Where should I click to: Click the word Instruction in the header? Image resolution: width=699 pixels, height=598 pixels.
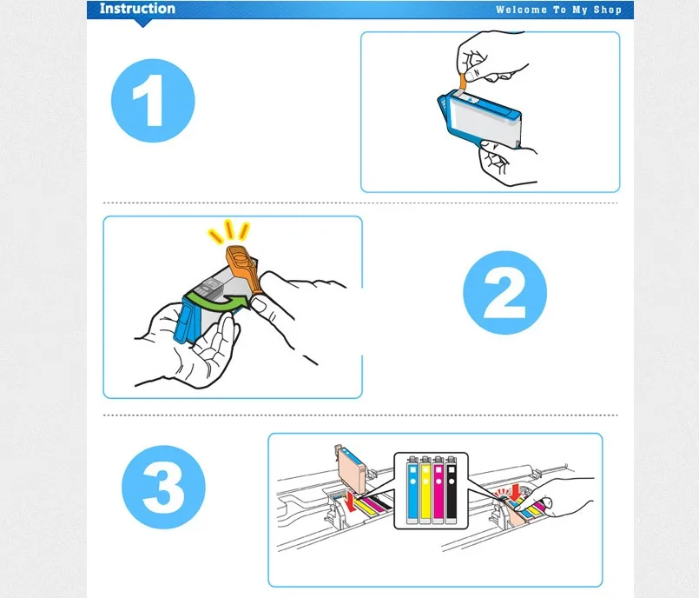137,9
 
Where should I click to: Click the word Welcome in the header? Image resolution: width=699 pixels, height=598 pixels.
521,10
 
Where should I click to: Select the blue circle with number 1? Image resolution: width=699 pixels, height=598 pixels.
153,101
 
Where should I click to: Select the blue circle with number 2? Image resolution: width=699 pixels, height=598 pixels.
504,292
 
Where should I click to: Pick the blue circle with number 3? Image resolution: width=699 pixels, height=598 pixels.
163,487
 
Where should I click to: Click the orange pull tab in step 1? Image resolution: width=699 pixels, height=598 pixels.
463,82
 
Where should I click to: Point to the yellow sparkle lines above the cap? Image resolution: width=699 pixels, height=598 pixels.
228,231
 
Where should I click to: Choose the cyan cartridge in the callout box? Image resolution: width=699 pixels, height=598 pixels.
412,489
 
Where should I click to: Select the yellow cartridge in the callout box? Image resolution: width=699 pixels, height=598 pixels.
425,489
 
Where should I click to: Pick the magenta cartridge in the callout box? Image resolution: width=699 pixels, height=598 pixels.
439,489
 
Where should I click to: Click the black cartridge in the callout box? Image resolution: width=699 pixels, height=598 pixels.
452,489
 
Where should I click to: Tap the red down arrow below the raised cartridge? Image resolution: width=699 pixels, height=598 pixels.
351,502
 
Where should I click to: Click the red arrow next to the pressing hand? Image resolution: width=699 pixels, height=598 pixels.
517,493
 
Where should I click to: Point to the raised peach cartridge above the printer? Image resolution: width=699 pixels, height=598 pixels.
352,465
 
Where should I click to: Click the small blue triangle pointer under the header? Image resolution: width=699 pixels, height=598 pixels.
142,23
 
